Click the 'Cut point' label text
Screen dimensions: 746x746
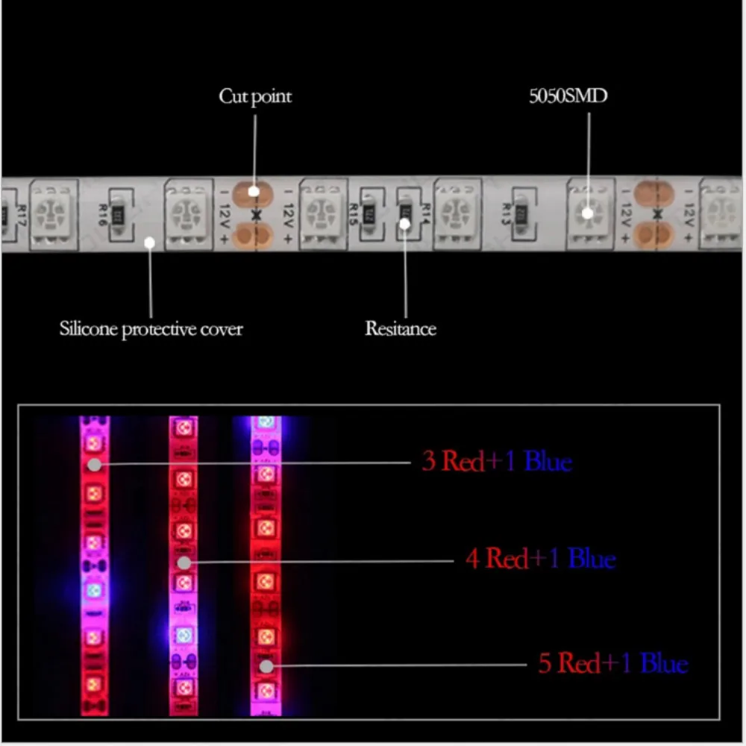[254, 96]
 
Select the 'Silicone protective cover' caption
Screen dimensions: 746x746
[151, 328]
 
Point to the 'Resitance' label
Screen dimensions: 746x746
[401, 328]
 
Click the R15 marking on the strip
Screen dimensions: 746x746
[354, 214]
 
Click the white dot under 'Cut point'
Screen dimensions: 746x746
[254, 191]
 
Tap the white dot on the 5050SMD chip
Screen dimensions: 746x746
[588, 213]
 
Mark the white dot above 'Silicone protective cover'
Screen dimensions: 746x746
[149, 242]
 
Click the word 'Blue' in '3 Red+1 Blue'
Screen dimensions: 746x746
[548, 462]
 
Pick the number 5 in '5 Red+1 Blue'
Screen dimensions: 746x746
[545, 663]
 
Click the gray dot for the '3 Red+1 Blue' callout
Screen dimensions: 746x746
[95, 464]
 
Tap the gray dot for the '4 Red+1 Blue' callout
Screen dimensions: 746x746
[184, 561]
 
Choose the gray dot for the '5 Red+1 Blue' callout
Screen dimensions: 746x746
[266, 665]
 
